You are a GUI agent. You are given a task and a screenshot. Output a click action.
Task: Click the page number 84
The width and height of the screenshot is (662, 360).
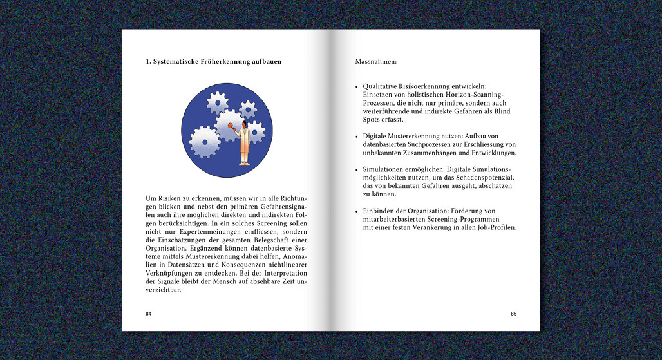pos(149,314)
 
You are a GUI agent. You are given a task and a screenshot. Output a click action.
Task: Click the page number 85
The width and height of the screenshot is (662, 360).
pos(513,314)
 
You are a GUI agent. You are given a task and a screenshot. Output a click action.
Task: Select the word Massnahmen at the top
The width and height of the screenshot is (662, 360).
pos(375,62)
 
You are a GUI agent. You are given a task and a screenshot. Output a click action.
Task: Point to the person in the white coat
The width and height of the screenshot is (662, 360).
pos(245,143)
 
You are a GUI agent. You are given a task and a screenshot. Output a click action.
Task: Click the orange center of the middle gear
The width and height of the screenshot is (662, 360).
pos(230,124)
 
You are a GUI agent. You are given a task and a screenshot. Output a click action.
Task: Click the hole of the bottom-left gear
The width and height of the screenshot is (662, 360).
pos(205,142)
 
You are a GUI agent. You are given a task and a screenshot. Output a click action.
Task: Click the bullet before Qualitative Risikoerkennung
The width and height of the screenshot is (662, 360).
pos(357,86)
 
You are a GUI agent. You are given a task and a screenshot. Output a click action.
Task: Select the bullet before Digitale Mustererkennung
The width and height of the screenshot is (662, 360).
pos(357,137)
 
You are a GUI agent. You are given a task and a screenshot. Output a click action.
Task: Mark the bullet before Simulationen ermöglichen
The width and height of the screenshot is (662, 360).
pos(357,169)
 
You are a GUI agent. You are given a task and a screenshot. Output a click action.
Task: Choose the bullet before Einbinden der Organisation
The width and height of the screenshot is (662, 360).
pos(357,212)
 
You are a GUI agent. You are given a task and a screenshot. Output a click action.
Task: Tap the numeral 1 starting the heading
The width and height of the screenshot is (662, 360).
pos(148,62)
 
